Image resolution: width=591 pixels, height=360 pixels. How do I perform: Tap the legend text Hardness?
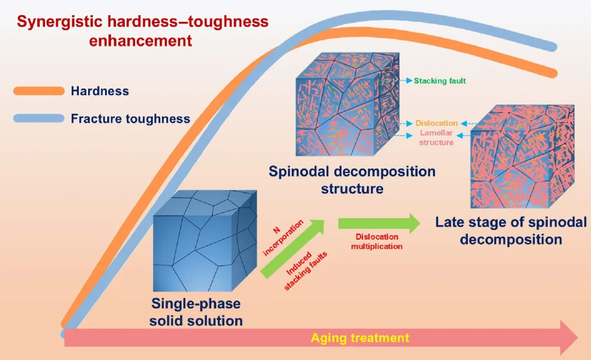click(x=100, y=91)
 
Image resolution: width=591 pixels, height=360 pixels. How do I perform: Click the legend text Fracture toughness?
click(x=130, y=119)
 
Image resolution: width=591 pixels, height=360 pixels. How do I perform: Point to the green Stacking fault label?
click(x=439, y=81)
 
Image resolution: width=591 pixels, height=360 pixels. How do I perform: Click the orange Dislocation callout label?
click(x=436, y=124)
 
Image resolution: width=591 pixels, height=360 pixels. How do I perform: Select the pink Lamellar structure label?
click(x=436, y=138)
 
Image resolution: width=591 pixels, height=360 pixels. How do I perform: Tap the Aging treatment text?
click(x=360, y=338)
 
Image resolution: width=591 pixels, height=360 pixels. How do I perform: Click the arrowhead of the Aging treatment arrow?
click(x=569, y=338)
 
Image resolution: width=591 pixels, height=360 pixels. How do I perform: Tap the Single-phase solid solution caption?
click(x=196, y=312)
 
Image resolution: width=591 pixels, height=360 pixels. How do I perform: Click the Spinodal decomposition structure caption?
click(x=352, y=180)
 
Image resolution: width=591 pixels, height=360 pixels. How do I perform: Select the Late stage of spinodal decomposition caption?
click(x=511, y=231)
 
